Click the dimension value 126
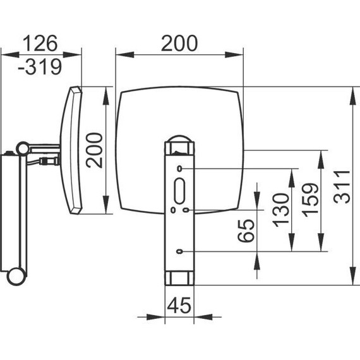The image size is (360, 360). (x=40, y=43)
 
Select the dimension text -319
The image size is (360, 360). (x=40, y=67)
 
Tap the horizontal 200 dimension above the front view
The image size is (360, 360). (x=179, y=43)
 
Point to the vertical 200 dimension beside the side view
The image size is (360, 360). (x=94, y=150)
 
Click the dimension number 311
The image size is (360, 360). (x=342, y=187)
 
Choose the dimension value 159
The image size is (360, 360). (x=310, y=200)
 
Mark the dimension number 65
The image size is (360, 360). (x=246, y=231)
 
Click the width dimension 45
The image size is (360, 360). (x=179, y=306)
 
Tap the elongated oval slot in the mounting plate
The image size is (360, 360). (x=179, y=191)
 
